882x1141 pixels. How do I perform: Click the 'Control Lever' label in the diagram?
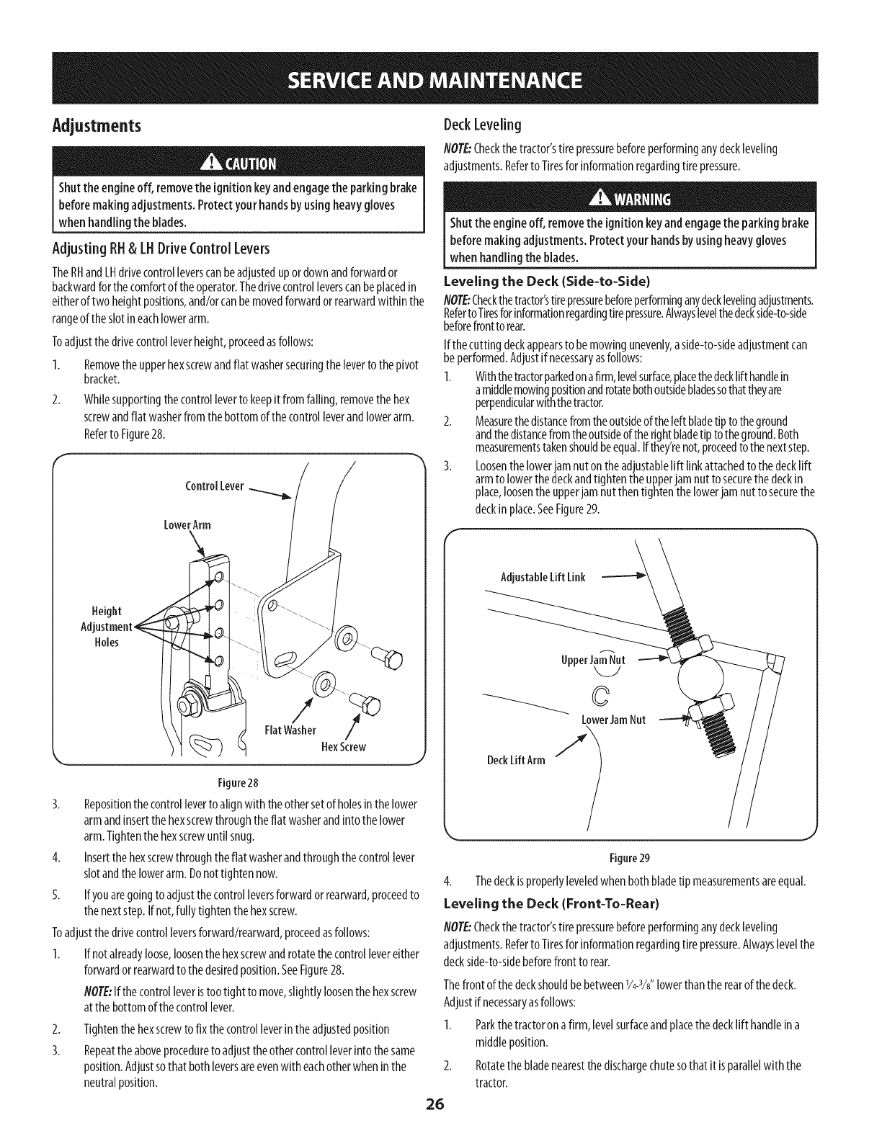(215, 484)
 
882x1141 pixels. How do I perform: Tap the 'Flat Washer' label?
(291, 730)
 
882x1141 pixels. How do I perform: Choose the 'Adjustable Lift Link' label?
(543, 577)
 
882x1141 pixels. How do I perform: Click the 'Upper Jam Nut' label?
(592, 660)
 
